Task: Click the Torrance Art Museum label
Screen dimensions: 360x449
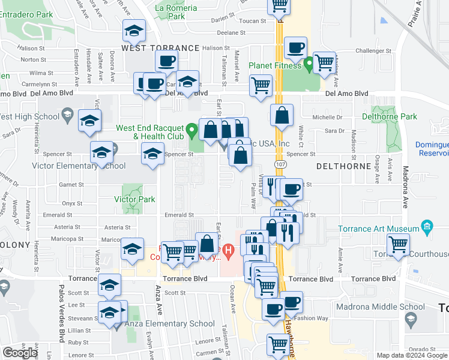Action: click(x=378, y=229)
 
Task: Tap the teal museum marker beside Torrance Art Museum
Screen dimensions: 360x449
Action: click(x=427, y=227)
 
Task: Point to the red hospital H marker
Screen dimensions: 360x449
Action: click(x=228, y=249)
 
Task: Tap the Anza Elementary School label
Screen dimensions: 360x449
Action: click(x=172, y=324)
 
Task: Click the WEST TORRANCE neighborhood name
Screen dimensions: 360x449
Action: click(x=160, y=47)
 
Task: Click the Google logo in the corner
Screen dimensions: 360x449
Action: click(x=20, y=353)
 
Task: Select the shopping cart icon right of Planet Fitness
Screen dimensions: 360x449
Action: click(x=324, y=61)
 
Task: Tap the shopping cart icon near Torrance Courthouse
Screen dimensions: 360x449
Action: click(x=399, y=244)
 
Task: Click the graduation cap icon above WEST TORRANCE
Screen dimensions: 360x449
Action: click(x=134, y=30)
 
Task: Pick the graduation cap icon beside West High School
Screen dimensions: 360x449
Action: click(x=89, y=122)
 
